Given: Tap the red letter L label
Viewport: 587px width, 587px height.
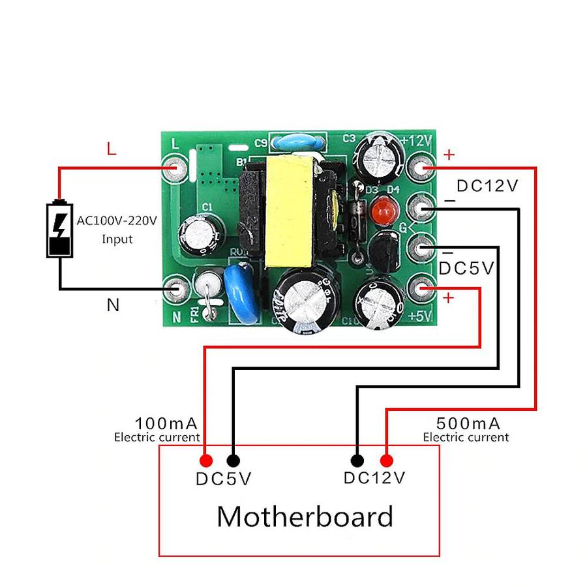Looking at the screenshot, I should tap(112, 149).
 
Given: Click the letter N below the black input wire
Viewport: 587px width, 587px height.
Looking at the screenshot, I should tap(113, 305).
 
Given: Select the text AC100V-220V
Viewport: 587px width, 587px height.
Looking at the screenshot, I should tap(117, 220).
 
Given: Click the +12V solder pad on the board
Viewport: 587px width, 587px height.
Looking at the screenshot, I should tap(421, 168).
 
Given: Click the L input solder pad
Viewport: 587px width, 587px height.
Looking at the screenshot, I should tap(176, 168).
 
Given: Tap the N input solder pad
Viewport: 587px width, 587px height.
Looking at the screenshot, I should tap(176, 290).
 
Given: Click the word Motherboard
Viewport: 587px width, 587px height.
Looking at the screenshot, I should tap(305, 517).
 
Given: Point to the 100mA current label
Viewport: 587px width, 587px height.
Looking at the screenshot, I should tap(166, 423).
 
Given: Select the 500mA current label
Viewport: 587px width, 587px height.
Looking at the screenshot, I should tap(468, 423).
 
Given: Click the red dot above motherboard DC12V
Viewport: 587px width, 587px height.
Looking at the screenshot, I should tap(386, 460).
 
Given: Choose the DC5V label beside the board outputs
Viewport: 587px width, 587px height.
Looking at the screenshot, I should tap(466, 269).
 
